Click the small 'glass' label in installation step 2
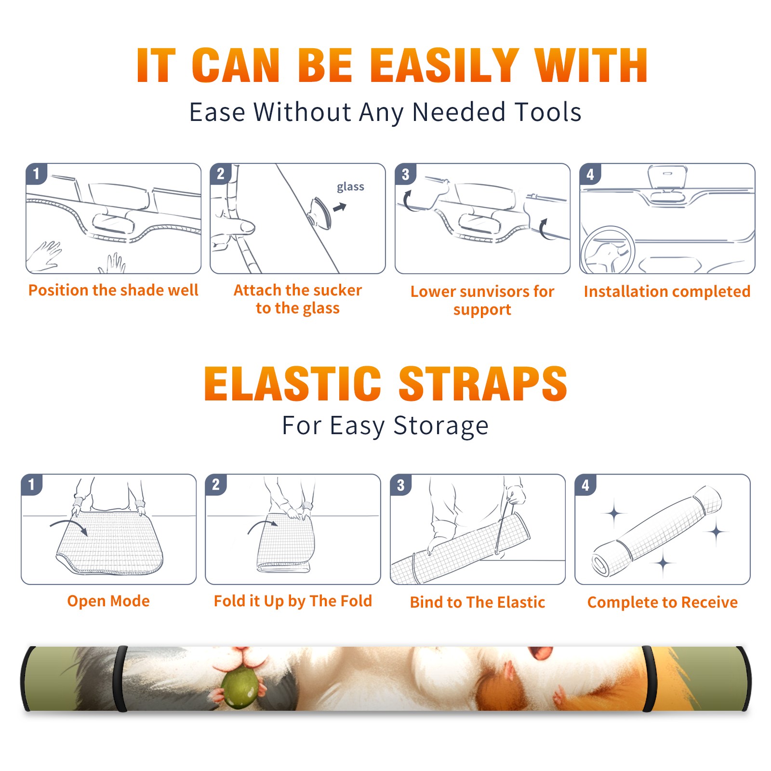tap(350, 187)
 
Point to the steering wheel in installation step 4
tap(608, 250)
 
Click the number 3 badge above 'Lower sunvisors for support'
tap(405, 174)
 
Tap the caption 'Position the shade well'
tap(113, 290)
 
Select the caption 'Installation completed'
tap(667, 292)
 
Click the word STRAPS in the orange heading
tap(483, 384)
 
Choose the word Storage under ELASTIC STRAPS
tap(441, 426)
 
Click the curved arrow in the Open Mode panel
tap(69, 526)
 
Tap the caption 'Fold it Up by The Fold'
tap(293, 601)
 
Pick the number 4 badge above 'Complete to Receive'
tap(585, 485)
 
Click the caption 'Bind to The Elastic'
tap(478, 602)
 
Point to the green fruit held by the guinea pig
tap(239, 684)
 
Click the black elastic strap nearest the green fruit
tap(120, 678)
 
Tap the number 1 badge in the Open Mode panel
tap(32, 485)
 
